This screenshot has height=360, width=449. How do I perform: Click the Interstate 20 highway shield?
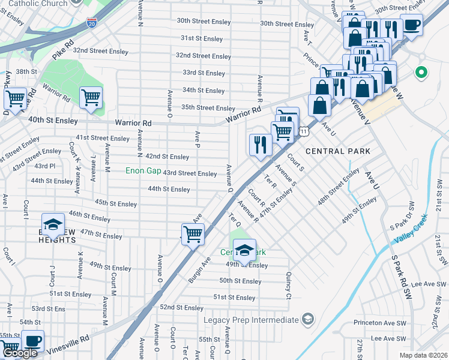tap(91, 22)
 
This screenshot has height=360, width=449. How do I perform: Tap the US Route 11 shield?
tap(304, 130)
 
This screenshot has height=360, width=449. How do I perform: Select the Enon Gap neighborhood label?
tap(143, 171)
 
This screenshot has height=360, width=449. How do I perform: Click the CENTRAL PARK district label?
tap(337, 151)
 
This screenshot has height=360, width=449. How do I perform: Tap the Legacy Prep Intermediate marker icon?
tap(308, 318)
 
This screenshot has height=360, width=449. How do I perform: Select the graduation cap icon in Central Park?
tap(244, 250)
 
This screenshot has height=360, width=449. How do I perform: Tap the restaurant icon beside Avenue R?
tap(260, 144)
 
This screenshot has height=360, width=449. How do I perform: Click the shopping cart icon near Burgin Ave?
tap(193, 233)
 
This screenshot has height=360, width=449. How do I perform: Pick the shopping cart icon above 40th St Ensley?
tap(91, 97)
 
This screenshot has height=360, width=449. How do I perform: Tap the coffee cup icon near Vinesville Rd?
tap(32, 341)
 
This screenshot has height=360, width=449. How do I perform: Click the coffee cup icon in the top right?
tap(411, 25)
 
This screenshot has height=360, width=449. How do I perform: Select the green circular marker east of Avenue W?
tap(421, 73)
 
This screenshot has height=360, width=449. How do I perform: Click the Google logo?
tap(20, 353)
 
